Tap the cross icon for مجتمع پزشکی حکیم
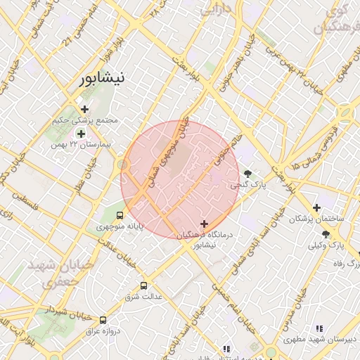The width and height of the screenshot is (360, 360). point(85,109)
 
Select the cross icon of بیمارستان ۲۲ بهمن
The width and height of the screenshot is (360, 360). point(81,134)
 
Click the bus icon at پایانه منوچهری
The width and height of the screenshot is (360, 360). point(120,215)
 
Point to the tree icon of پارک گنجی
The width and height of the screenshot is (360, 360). point(247,174)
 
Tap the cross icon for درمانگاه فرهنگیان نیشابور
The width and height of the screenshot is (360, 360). point(204,224)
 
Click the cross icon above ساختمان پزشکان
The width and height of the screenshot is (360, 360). point(317,208)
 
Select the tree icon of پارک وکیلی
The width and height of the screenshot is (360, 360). point(325,234)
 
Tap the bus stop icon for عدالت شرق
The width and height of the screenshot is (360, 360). point(144,285)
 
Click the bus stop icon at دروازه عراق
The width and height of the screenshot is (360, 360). point(103,319)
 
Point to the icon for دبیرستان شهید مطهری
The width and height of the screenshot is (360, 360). point(319,328)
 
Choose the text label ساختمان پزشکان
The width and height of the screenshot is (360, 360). point(321,219)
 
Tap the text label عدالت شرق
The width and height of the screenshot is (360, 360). point(144,297)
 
